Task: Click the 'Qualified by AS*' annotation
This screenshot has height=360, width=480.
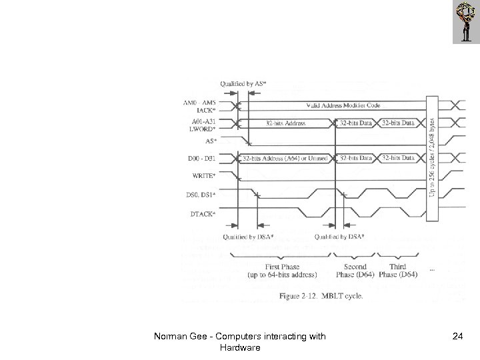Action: pyautogui.click(x=243, y=83)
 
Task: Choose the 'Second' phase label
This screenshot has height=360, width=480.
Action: pyautogui.click(x=355, y=267)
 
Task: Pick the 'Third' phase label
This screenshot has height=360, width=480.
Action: pyautogui.click(x=397, y=267)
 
